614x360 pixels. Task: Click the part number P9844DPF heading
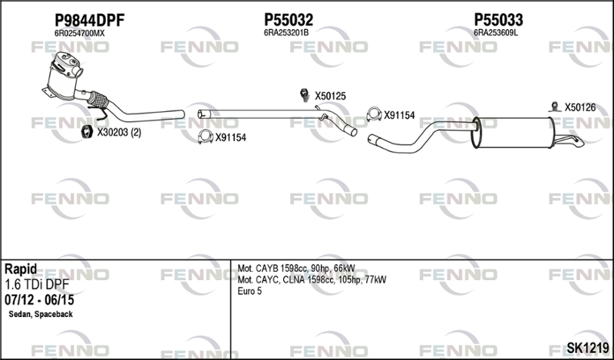pyautogui.click(x=89, y=20)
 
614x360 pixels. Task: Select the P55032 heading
pyautogui.click(x=289, y=20)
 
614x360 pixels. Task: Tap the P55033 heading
pyautogui.click(x=498, y=20)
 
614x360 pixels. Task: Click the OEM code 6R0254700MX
pyautogui.click(x=80, y=34)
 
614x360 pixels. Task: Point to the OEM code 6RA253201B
pyautogui.click(x=286, y=33)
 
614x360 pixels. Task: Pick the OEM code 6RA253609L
pyautogui.click(x=496, y=33)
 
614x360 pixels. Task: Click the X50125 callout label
pyautogui.click(x=331, y=96)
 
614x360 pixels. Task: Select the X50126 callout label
pyautogui.click(x=580, y=107)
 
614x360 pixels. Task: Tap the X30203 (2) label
pyautogui.click(x=119, y=133)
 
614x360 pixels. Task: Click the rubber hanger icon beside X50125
pyautogui.click(x=305, y=95)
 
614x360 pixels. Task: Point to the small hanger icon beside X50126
pyautogui.click(x=554, y=107)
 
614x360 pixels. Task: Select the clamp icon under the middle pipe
pyautogui.click(x=205, y=137)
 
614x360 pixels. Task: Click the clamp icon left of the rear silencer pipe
pyautogui.click(x=374, y=114)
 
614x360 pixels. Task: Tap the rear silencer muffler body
pyautogui.click(x=513, y=132)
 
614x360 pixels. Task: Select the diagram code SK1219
pyautogui.click(x=588, y=348)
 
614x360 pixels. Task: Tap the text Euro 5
pyautogui.click(x=249, y=291)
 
